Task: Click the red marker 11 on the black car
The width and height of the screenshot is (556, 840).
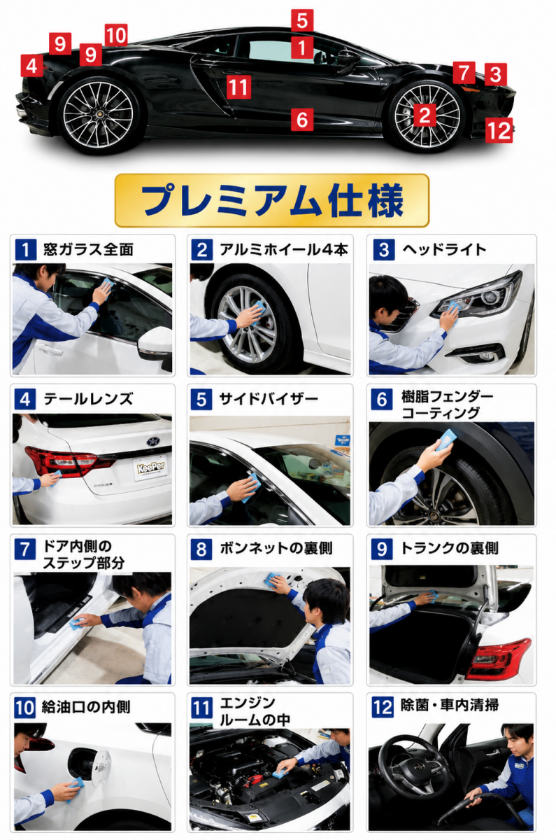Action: coord(238,87)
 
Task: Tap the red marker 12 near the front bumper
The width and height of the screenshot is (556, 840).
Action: coord(499,130)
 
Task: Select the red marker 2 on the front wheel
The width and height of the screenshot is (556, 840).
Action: coord(425,115)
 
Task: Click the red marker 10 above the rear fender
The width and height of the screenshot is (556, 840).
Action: coord(116,35)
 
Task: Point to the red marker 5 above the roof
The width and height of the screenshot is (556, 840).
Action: coord(302,20)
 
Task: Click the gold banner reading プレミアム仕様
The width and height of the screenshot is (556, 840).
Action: coord(272,200)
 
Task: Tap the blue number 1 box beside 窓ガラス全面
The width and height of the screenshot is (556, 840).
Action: coord(25,250)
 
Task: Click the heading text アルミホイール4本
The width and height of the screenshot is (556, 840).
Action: coord(284,250)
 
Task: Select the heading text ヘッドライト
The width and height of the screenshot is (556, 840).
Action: coord(444,249)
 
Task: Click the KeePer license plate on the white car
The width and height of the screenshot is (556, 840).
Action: coord(151,468)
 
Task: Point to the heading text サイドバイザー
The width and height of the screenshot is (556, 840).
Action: coord(269,398)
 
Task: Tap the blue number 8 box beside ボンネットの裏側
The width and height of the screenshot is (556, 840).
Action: coord(201,549)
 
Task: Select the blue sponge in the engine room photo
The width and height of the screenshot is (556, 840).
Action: coord(280,773)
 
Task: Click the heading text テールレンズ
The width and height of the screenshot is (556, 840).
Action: coord(88,398)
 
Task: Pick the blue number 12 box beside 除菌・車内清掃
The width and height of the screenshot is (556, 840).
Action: coord(383,707)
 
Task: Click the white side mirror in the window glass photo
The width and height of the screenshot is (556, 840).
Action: coord(155,344)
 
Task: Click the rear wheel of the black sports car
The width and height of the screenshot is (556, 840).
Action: coord(98,113)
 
